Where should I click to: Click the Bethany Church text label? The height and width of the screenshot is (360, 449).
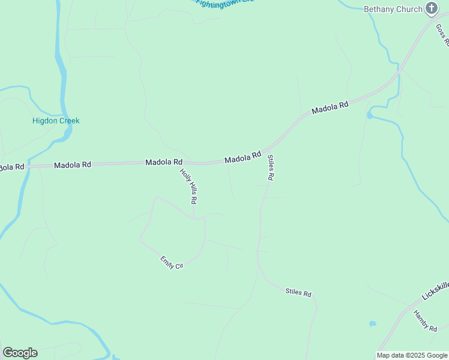click(393, 9)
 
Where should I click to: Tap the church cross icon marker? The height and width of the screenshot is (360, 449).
click(431, 8)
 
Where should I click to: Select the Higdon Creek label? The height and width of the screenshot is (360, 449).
click(56, 121)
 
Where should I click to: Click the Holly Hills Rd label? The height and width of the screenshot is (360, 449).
click(188, 186)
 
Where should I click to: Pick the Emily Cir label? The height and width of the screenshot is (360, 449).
click(171, 262)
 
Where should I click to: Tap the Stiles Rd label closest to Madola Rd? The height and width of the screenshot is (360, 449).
click(271, 168)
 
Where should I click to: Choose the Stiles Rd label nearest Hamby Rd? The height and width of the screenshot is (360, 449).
click(298, 293)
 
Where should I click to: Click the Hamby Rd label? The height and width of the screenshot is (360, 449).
click(425, 320)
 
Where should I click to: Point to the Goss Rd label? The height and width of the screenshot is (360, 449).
click(443, 35)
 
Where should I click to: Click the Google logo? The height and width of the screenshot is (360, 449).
click(20, 353)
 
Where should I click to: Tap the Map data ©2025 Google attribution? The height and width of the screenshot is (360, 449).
click(412, 355)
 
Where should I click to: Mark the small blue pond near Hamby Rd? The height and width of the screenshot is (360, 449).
click(373, 324)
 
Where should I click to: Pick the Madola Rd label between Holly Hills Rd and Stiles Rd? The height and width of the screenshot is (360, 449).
click(243, 157)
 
